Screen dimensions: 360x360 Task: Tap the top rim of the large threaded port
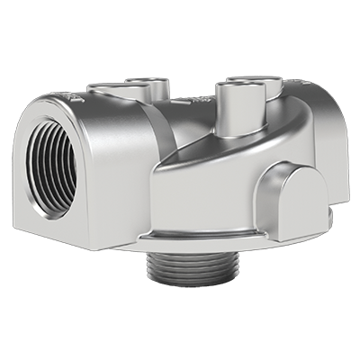pyautogui.click(x=49, y=121)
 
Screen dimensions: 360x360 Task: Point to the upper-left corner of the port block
pyautogui.click(x=27, y=101)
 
